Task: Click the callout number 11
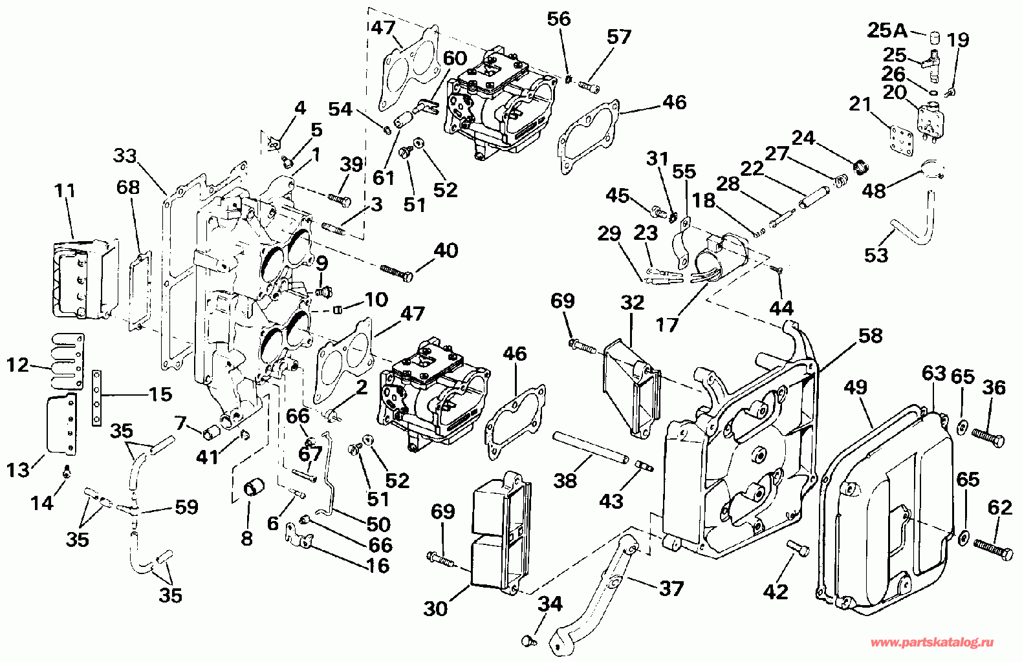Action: point(65,191)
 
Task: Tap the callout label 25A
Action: point(888,30)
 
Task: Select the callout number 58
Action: point(871,336)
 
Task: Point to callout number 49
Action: point(855,388)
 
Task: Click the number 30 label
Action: point(435,608)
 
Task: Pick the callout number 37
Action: point(671,589)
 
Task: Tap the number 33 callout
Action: point(125,156)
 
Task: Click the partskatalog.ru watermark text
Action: point(931,643)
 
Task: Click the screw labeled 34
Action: point(527,639)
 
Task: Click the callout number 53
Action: point(876,255)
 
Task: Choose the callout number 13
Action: point(18,469)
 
